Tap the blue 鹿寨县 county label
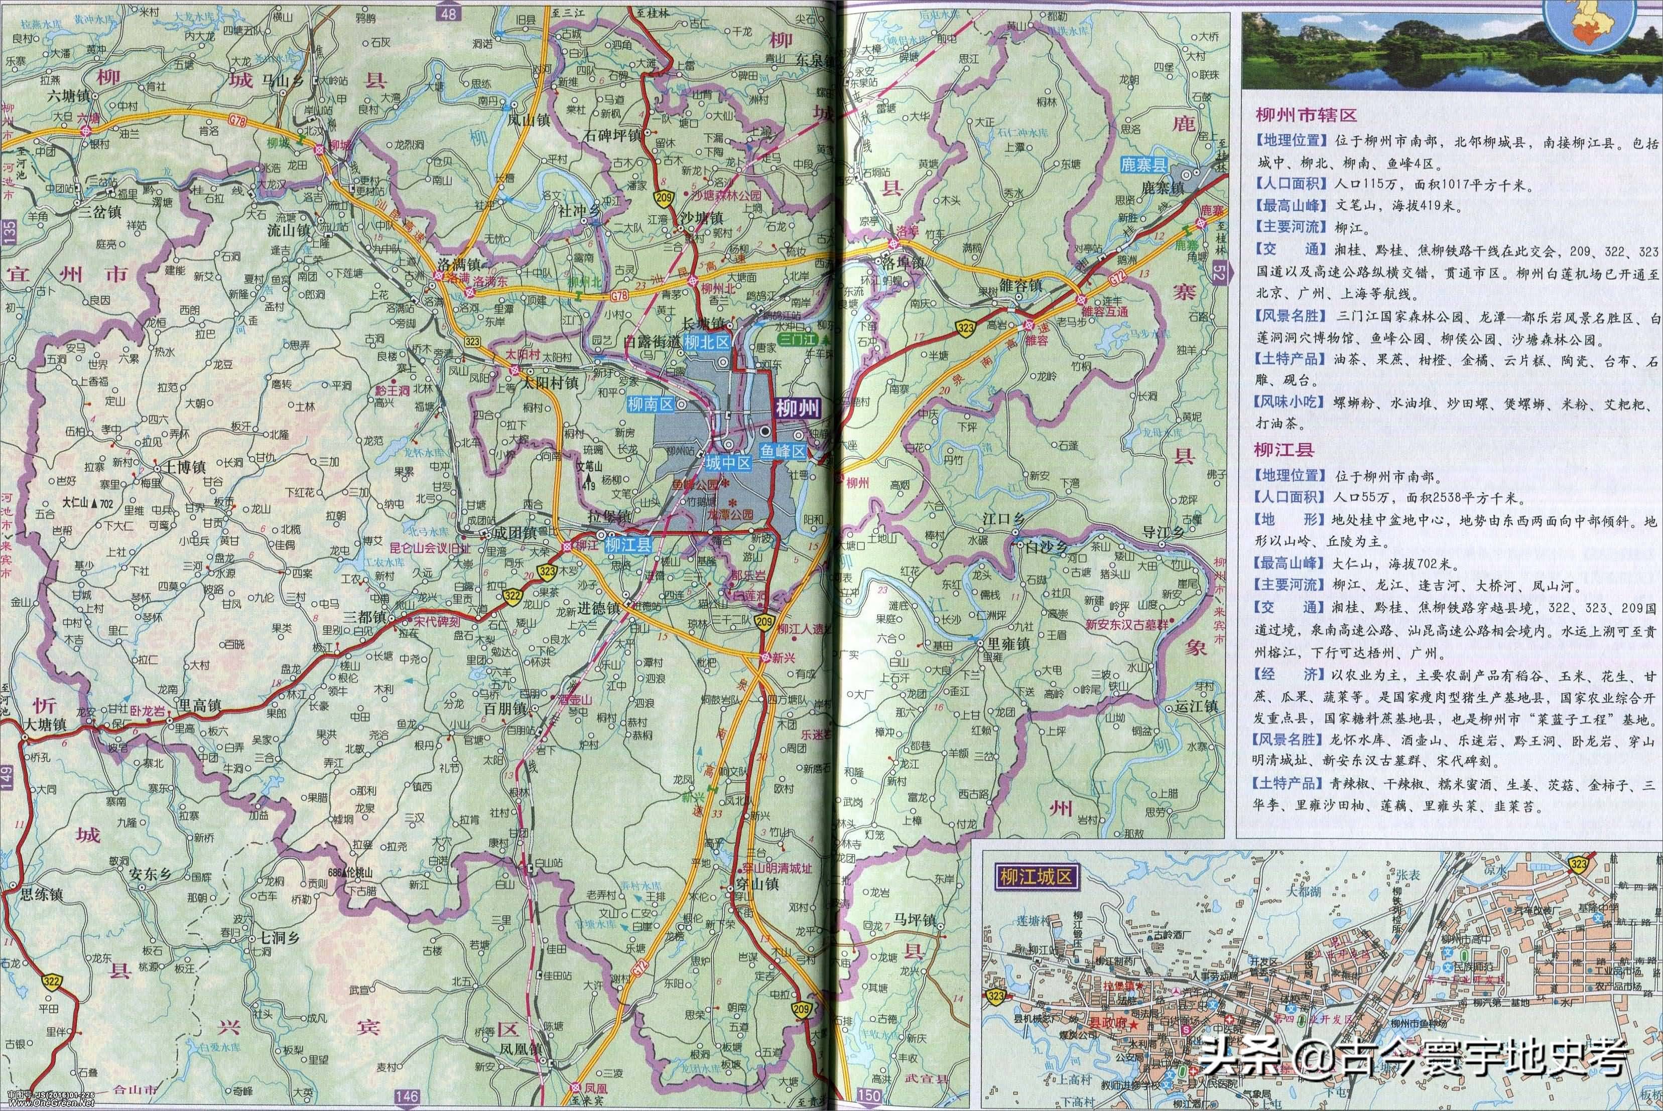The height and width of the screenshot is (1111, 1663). coord(1143,166)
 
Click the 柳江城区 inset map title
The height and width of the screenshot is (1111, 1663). coord(1035,877)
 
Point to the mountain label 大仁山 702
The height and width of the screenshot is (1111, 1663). coord(88,504)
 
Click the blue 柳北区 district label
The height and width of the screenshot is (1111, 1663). coord(706,342)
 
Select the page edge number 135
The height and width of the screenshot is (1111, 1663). coord(9,232)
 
